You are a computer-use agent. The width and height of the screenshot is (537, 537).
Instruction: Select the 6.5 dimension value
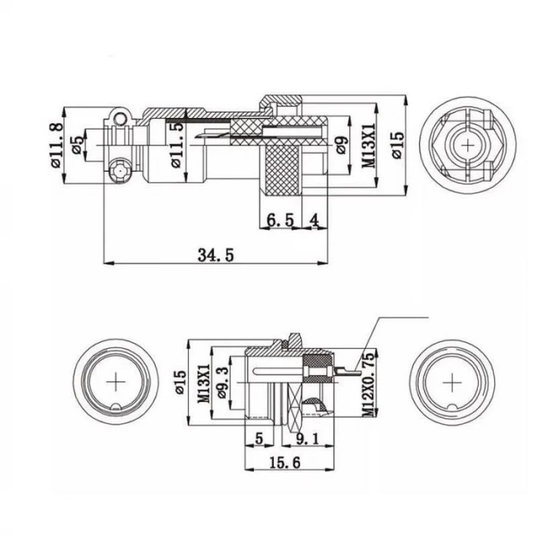[280, 220]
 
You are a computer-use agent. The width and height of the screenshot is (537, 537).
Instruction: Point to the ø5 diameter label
[77, 145]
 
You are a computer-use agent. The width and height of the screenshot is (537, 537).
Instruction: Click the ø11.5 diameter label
[177, 147]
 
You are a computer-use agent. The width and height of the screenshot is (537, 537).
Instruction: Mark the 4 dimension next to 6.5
[314, 220]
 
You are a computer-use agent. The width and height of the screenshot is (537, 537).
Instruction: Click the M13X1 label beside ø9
[367, 145]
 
